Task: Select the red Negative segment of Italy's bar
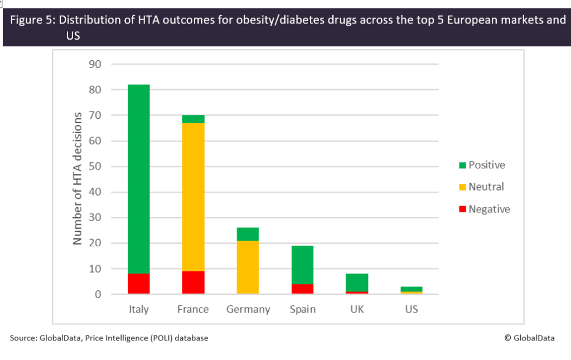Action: tap(138, 284)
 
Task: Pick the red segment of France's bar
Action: tap(193, 283)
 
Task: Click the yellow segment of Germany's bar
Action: tap(248, 267)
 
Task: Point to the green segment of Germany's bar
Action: tap(248, 234)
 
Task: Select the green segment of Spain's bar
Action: tap(302, 265)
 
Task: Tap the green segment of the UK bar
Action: tap(357, 283)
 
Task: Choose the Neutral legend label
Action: tap(486, 187)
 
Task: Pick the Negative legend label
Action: tap(489, 210)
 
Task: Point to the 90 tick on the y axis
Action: tap(94, 64)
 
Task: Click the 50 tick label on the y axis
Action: tap(94, 167)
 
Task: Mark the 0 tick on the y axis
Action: tap(98, 294)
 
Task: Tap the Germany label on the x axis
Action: tap(248, 309)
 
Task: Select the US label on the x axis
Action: tap(412, 309)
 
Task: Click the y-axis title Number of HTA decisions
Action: tap(78, 178)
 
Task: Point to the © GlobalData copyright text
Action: tap(529, 338)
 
